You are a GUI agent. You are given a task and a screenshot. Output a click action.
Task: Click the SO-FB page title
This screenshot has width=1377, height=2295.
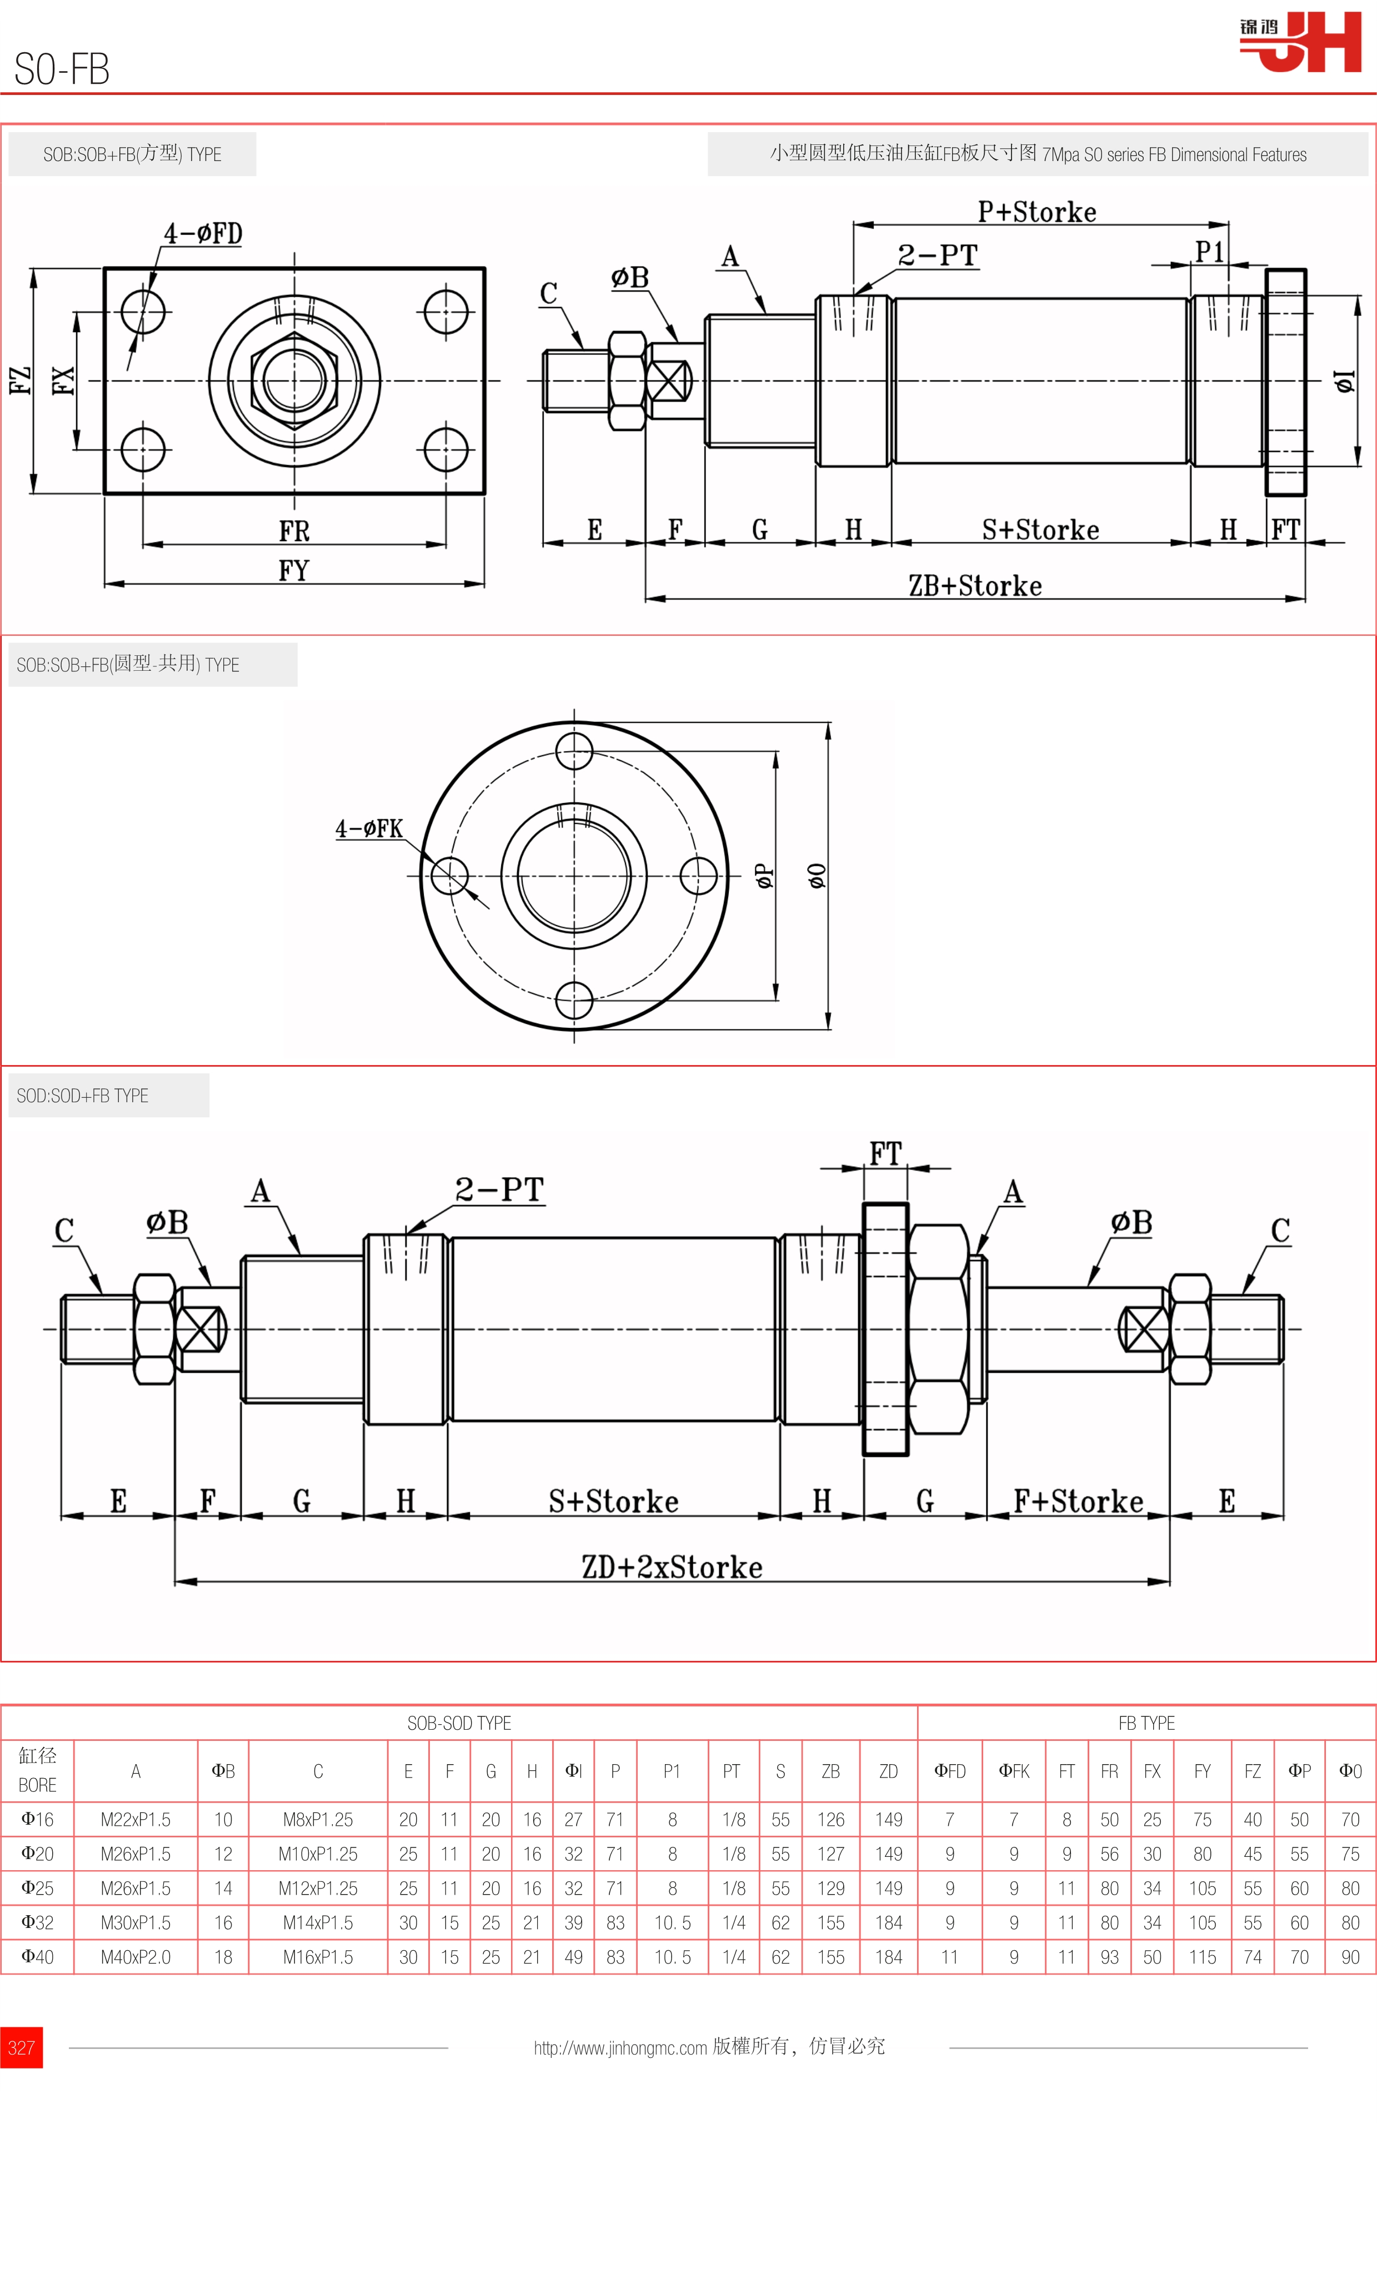[62, 69]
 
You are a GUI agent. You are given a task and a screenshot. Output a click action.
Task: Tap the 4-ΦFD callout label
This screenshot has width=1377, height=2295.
[203, 233]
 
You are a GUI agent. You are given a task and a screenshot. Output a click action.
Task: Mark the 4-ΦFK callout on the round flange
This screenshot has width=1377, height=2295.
[369, 828]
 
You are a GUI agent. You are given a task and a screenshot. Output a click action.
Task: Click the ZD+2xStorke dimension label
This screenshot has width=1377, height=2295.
[672, 1567]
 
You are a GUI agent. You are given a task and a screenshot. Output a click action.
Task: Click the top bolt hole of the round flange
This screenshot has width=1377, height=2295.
[574, 750]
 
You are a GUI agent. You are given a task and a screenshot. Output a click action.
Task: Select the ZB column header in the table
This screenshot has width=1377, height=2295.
[830, 1771]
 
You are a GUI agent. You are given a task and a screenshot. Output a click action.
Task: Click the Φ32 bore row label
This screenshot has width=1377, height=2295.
[37, 1922]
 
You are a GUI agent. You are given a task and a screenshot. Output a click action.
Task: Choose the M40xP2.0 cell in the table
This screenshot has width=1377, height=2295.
[136, 1956]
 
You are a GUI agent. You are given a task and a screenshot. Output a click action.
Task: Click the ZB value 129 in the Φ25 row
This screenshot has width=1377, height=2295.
[830, 1888]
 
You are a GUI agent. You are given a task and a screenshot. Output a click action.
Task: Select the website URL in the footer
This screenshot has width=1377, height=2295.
[620, 2047]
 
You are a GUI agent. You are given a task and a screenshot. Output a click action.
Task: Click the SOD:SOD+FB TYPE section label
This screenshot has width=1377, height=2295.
[83, 1096]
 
